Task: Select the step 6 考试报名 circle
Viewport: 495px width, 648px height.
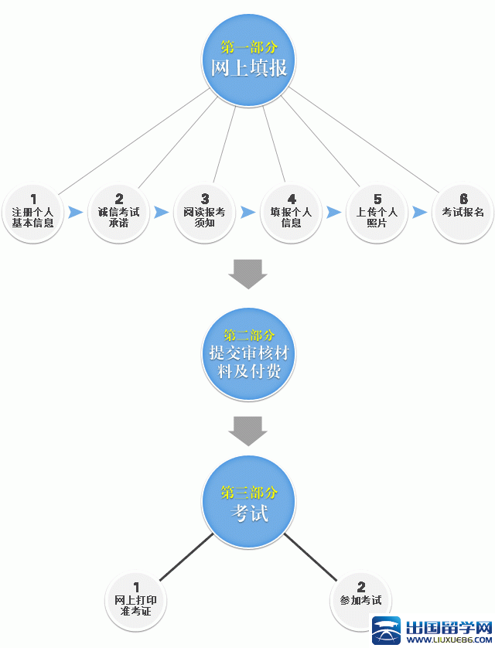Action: pos(463,210)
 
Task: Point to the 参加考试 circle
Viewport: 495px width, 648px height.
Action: pos(360,597)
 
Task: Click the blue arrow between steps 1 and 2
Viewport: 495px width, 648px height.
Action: pos(76,212)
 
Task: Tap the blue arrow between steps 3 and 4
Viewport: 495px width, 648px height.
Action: pos(248,212)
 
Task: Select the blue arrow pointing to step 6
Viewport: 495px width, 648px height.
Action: pos(420,212)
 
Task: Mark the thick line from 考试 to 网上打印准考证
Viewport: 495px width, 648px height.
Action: pos(186,557)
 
